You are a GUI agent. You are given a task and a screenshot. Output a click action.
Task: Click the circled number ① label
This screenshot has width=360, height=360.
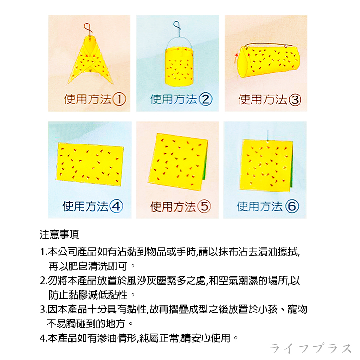[x=120, y=99]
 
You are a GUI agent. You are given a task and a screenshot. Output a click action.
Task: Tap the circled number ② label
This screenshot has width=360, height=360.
[x=205, y=99]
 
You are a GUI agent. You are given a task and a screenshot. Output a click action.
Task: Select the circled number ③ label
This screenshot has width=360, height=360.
[x=295, y=100]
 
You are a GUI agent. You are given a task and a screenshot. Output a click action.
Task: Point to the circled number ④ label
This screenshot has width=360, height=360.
[x=116, y=206]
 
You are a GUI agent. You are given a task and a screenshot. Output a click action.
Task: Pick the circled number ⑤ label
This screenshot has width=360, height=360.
[x=204, y=206]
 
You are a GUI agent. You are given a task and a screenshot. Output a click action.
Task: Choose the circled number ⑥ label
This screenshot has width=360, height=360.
[x=292, y=206]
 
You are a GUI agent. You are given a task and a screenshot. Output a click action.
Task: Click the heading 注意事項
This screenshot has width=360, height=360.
[x=59, y=234]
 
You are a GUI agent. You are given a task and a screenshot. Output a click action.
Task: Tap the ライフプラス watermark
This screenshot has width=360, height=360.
[x=311, y=348]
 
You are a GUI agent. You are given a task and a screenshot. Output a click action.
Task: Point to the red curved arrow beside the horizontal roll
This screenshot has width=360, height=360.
[x=236, y=58]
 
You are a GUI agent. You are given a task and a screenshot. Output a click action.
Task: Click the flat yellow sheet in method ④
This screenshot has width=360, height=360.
[x=90, y=164]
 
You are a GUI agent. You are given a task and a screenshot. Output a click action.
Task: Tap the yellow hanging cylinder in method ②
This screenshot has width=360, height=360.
[x=180, y=67]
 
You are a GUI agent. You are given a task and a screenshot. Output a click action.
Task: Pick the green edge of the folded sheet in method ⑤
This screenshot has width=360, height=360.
[x=205, y=161]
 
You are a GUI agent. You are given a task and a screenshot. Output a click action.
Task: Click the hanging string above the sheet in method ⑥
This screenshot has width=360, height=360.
[x=268, y=135]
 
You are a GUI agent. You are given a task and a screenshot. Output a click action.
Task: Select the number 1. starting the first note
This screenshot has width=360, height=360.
[x=44, y=252]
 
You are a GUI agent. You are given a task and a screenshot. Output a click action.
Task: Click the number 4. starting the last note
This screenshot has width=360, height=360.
[x=44, y=338]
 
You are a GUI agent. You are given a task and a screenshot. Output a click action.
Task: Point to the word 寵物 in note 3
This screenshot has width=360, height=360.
[x=298, y=309]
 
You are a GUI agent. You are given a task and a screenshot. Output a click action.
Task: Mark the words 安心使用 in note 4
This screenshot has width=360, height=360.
[x=211, y=338]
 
